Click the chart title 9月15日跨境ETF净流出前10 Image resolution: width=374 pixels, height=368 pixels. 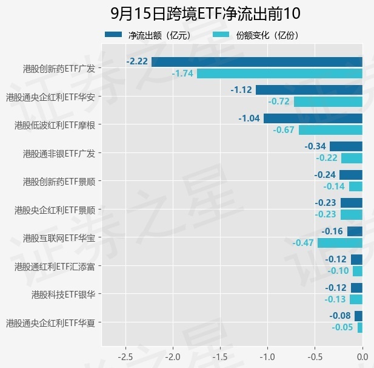pyautogui.click(x=205, y=13)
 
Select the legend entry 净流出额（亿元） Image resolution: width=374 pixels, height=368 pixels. pyautogui.click(x=149, y=35)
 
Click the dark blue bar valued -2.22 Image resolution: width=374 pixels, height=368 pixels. pyautogui.click(x=257, y=62)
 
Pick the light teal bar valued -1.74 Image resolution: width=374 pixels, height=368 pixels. pyautogui.click(x=279, y=73)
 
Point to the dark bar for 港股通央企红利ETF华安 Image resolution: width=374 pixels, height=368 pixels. pyautogui.click(x=309, y=90)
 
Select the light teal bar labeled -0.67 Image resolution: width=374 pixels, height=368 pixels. pyautogui.click(x=330, y=130)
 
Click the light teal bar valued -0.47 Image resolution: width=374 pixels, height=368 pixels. pyautogui.click(x=340, y=243)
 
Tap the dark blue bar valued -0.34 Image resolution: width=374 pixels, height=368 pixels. pyautogui.click(x=346, y=146)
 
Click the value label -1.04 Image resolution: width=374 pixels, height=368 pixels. pyautogui.click(x=249, y=118)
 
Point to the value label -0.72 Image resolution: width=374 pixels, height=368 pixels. pyautogui.click(x=279, y=101)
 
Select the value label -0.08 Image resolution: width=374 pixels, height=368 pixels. pyautogui.click(x=340, y=316)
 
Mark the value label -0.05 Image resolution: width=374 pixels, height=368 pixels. pyautogui.click(x=342, y=327)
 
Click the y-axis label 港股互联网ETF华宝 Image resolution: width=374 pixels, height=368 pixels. pyautogui.click(x=59, y=238)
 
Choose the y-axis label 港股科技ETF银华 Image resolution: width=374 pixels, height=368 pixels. pyautogui.click(x=64, y=295)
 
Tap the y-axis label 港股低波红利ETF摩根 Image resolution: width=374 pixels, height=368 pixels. pyautogui.click(x=55, y=125)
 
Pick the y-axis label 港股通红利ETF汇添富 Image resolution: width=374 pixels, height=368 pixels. pyautogui.click(x=55, y=267)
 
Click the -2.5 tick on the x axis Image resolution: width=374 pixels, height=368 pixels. pyautogui.click(x=125, y=357)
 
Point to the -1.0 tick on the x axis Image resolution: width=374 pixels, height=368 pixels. pyautogui.click(x=267, y=357)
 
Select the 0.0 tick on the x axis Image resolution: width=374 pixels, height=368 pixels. pyautogui.click(x=362, y=357)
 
